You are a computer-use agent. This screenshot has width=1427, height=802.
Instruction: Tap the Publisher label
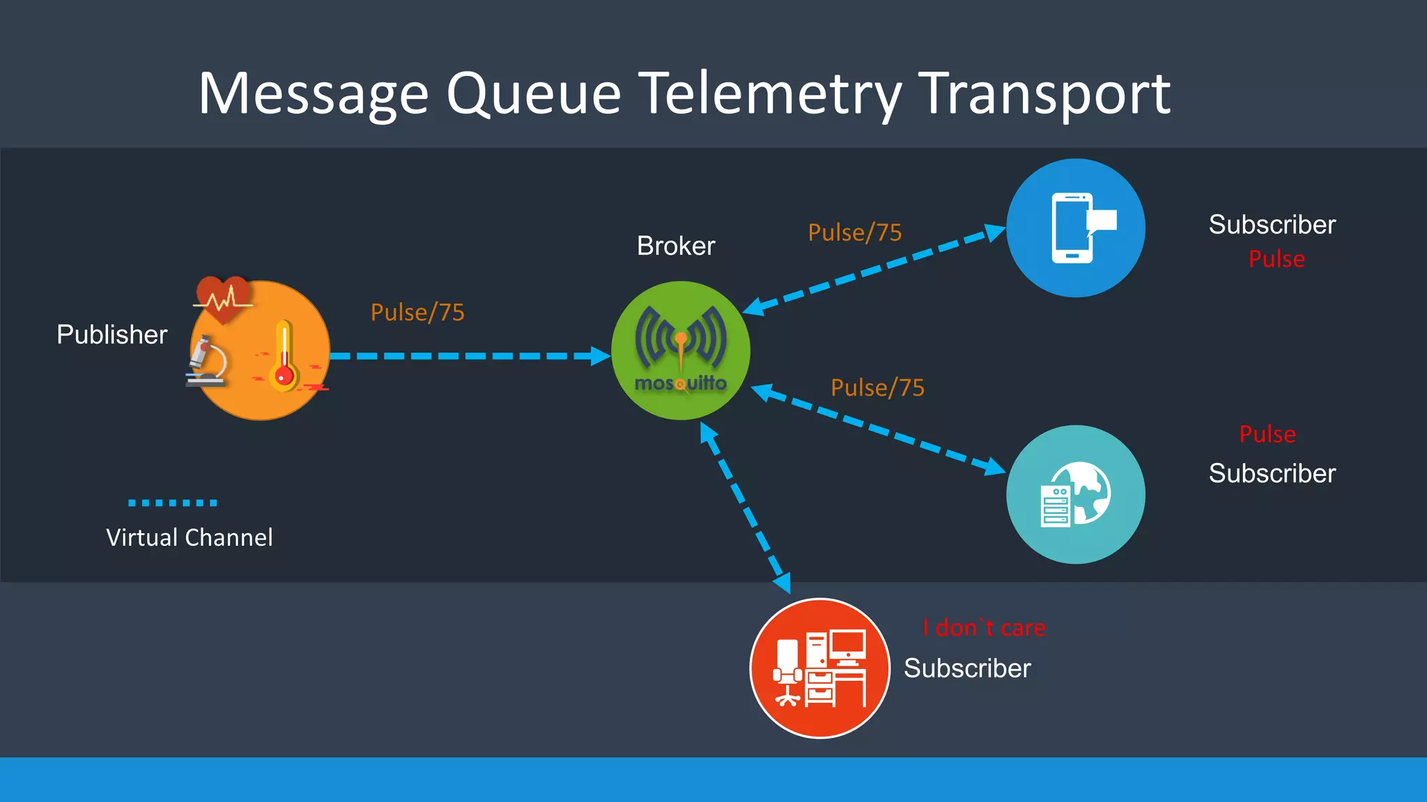(x=111, y=335)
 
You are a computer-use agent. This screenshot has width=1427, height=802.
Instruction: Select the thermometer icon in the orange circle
(x=284, y=356)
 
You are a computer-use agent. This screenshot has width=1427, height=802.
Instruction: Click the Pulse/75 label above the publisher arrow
(x=417, y=313)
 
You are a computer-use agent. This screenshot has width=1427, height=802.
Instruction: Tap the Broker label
(x=676, y=246)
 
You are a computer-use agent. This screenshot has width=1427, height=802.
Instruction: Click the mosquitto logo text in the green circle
(x=680, y=384)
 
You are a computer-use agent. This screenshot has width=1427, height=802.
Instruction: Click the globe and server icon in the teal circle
(x=1076, y=495)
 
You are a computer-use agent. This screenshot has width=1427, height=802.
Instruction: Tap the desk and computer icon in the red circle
(x=820, y=668)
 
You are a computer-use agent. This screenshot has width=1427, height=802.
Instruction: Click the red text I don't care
(x=984, y=628)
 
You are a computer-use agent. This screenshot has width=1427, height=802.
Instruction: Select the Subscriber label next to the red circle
(x=967, y=668)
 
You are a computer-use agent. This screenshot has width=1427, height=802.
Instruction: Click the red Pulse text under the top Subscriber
(x=1276, y=259)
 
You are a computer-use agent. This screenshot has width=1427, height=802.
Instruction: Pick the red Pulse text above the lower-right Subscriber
(x=1267, y=434)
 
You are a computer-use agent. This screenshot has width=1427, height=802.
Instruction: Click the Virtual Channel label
(x=190, y=537)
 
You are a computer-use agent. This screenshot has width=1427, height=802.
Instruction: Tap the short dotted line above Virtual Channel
(x=173, y=503)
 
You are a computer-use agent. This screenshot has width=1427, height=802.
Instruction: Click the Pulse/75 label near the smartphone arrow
(x=855, y=233)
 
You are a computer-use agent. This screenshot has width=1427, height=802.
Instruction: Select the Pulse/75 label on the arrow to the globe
(x=877, y=388)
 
